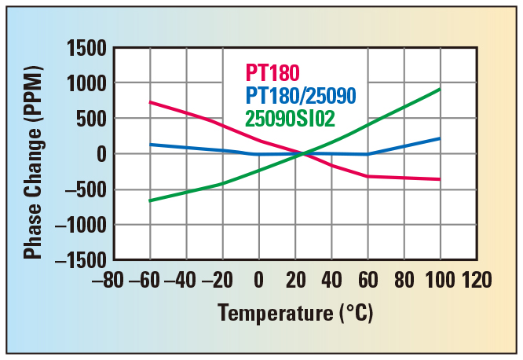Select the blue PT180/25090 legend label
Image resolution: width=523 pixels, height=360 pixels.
301,96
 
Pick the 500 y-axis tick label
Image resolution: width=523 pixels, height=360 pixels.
92,119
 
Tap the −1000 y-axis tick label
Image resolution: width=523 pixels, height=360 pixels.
81,225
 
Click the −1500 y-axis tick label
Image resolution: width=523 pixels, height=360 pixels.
81,260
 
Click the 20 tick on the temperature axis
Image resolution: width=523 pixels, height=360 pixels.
295,281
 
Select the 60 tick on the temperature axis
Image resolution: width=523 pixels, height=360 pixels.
368,281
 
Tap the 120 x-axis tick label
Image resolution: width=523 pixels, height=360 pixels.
477,281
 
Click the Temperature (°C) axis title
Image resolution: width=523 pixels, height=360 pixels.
295,313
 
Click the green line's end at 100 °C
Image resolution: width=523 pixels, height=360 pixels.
440,89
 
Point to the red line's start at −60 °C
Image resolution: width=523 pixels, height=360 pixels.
150,102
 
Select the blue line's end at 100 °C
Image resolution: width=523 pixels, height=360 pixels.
440,138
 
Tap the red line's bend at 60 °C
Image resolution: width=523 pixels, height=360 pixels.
368,176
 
